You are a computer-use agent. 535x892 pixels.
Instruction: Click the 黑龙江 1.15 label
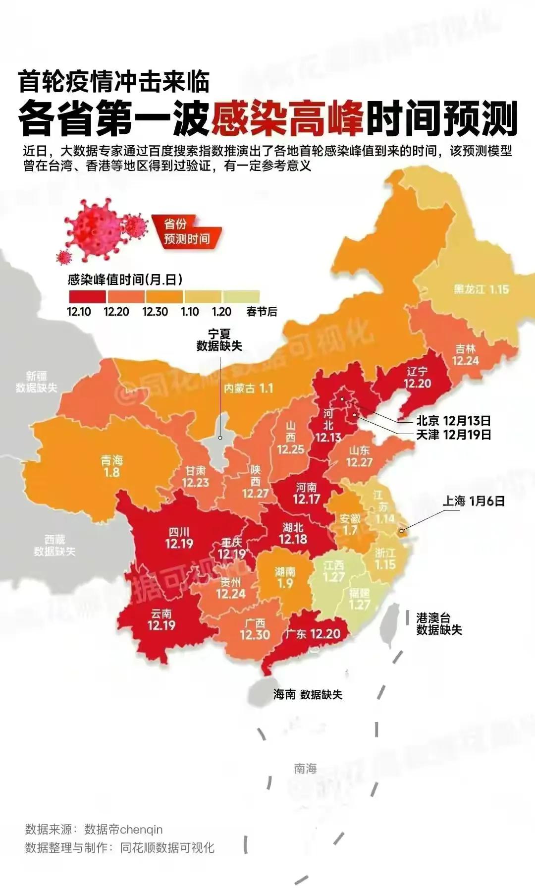[x=481, y=289]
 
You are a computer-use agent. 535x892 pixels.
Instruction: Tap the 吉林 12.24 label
[x=465, y=355]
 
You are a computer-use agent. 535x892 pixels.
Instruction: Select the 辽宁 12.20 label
[x=417, y=378]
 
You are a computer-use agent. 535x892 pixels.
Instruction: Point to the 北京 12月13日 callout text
[x=453, y=421]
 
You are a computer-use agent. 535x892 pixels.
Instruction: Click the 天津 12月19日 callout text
[x=453, y=435]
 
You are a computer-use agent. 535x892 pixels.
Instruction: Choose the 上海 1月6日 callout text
[x=474, y=501]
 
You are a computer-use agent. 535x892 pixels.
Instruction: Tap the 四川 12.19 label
[x=179, y=538]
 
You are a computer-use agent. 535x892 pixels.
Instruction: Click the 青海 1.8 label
[x=111, y=466]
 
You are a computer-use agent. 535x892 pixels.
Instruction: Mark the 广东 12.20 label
[x=313, y=634]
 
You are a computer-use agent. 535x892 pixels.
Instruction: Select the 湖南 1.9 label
[x=285, y=577]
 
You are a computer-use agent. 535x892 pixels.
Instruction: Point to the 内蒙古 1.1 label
[x=248, y=388]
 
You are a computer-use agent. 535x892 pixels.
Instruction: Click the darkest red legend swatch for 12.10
[x=87, y=296]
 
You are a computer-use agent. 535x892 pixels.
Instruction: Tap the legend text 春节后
[x=262, y=312]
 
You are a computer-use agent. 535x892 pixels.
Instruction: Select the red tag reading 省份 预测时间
[x=186, y=231]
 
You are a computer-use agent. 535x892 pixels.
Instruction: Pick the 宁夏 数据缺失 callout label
[x=219, y=340]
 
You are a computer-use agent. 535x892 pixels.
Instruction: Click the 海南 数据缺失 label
[x=308, y=694]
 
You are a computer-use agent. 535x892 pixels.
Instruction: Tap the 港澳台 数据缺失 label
[x=438, y=624]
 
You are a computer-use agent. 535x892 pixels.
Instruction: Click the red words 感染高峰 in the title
[x=287, y=119]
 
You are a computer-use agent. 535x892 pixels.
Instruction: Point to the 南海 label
[x=305, y=769]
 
